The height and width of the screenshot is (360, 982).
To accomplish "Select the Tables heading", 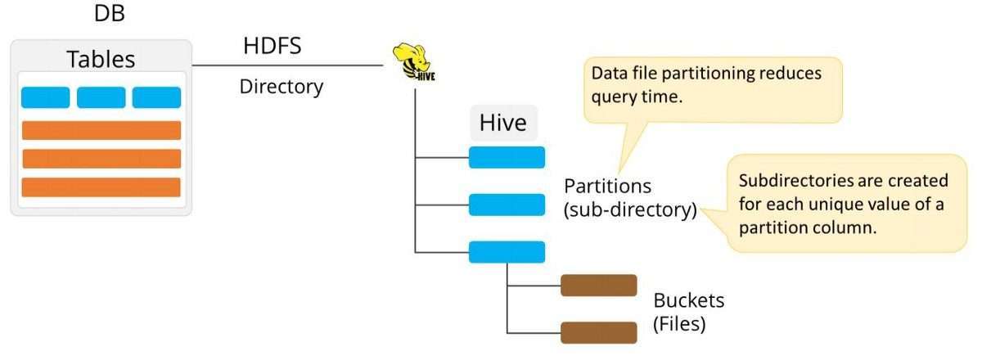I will [x=101, y=59].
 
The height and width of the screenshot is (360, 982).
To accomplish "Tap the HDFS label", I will [x=272, y=46].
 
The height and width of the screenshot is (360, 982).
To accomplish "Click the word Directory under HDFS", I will [x=281, y=86].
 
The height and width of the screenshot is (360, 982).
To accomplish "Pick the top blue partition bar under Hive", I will [x=507, y=156].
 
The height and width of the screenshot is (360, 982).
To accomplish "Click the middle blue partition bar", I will [x=507, y=205].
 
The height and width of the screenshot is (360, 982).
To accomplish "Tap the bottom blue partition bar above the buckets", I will [x=507, y=252].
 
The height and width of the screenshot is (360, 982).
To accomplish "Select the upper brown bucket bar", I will [x=598, y=285].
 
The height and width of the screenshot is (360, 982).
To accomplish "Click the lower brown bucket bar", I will [x=598, y=332].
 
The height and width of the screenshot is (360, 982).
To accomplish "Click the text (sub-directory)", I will [x=629, y=210].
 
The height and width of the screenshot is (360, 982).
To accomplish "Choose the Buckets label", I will [x=688, y=300].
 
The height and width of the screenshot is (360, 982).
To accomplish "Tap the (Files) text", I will [x=679, y=324].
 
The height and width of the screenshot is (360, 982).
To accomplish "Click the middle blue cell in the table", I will [x=101, y=97].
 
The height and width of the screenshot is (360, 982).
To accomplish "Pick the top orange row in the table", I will [x=101, y=130].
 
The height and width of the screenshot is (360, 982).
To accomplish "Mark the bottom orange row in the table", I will [x=101, y=187].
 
